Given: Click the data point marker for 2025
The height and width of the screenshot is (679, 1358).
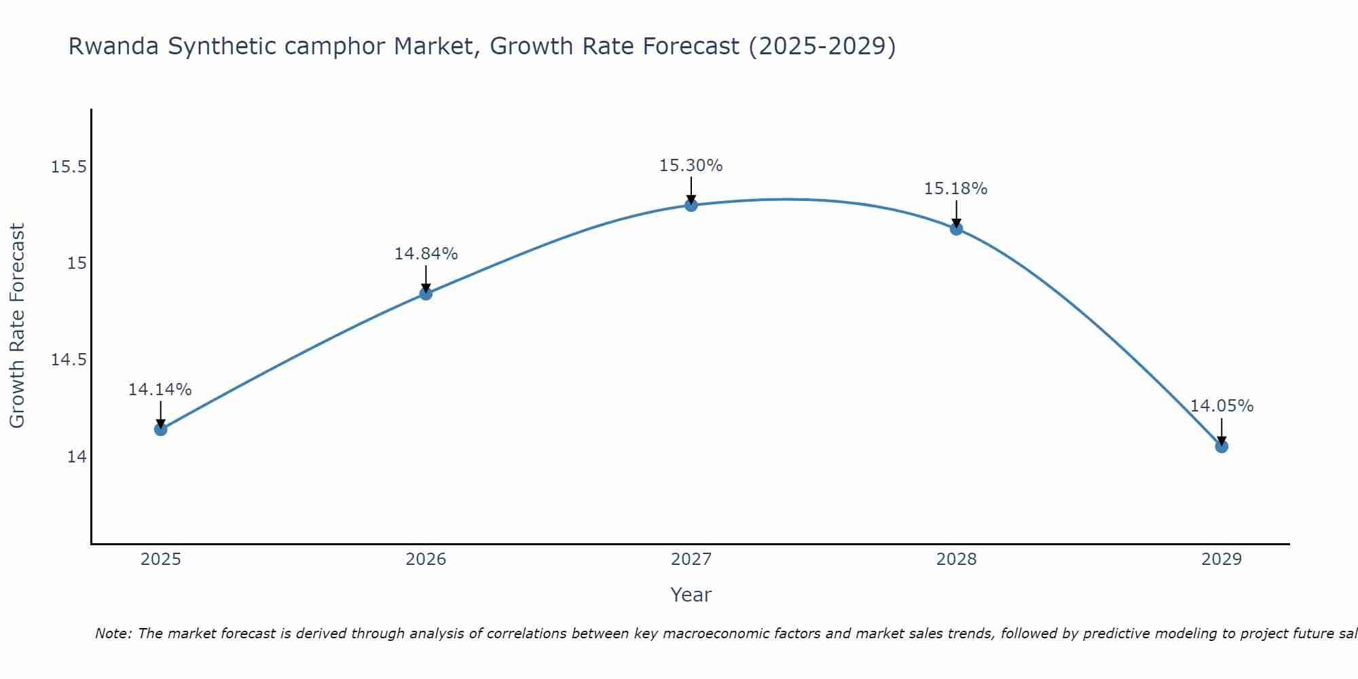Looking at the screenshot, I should coord(161,429).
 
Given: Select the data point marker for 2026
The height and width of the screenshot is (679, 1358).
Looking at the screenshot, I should coord(426,293).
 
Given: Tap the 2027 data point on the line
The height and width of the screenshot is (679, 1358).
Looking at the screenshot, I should coord(691,205).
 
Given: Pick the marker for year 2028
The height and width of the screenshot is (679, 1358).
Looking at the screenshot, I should coord(956,229).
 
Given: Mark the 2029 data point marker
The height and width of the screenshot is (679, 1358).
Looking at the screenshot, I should coord(1222,446).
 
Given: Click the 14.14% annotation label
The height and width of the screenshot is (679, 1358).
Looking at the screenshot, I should coord(160,390).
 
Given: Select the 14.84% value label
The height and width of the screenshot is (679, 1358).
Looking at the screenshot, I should coord(426,254).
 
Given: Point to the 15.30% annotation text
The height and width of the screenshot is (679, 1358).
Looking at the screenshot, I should coord(691,166).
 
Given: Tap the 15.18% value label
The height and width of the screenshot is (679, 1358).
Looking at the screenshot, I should coord(955,189).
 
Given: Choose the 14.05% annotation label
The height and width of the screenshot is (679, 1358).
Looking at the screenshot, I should coord(1222,406).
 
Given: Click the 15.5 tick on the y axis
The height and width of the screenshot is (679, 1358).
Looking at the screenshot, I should coord(69,167).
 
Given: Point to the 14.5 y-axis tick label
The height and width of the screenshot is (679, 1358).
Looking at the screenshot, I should coord(69,360).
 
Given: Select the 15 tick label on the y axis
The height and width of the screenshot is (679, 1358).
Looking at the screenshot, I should coord(77,263).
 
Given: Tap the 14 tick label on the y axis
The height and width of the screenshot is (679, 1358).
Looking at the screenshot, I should coord(77,457).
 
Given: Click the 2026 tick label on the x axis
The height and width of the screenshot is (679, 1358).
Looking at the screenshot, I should coord(426,559).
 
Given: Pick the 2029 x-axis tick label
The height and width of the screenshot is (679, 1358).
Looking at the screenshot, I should coord(1222,559).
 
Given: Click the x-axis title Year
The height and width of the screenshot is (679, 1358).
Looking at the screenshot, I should coord(691,595).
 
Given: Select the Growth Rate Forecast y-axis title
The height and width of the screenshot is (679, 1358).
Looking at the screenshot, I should coord(18,326).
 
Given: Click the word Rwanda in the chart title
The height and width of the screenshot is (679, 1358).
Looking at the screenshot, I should coord(114,46).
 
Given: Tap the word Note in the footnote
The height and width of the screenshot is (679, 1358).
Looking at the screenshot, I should coord(113,634).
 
